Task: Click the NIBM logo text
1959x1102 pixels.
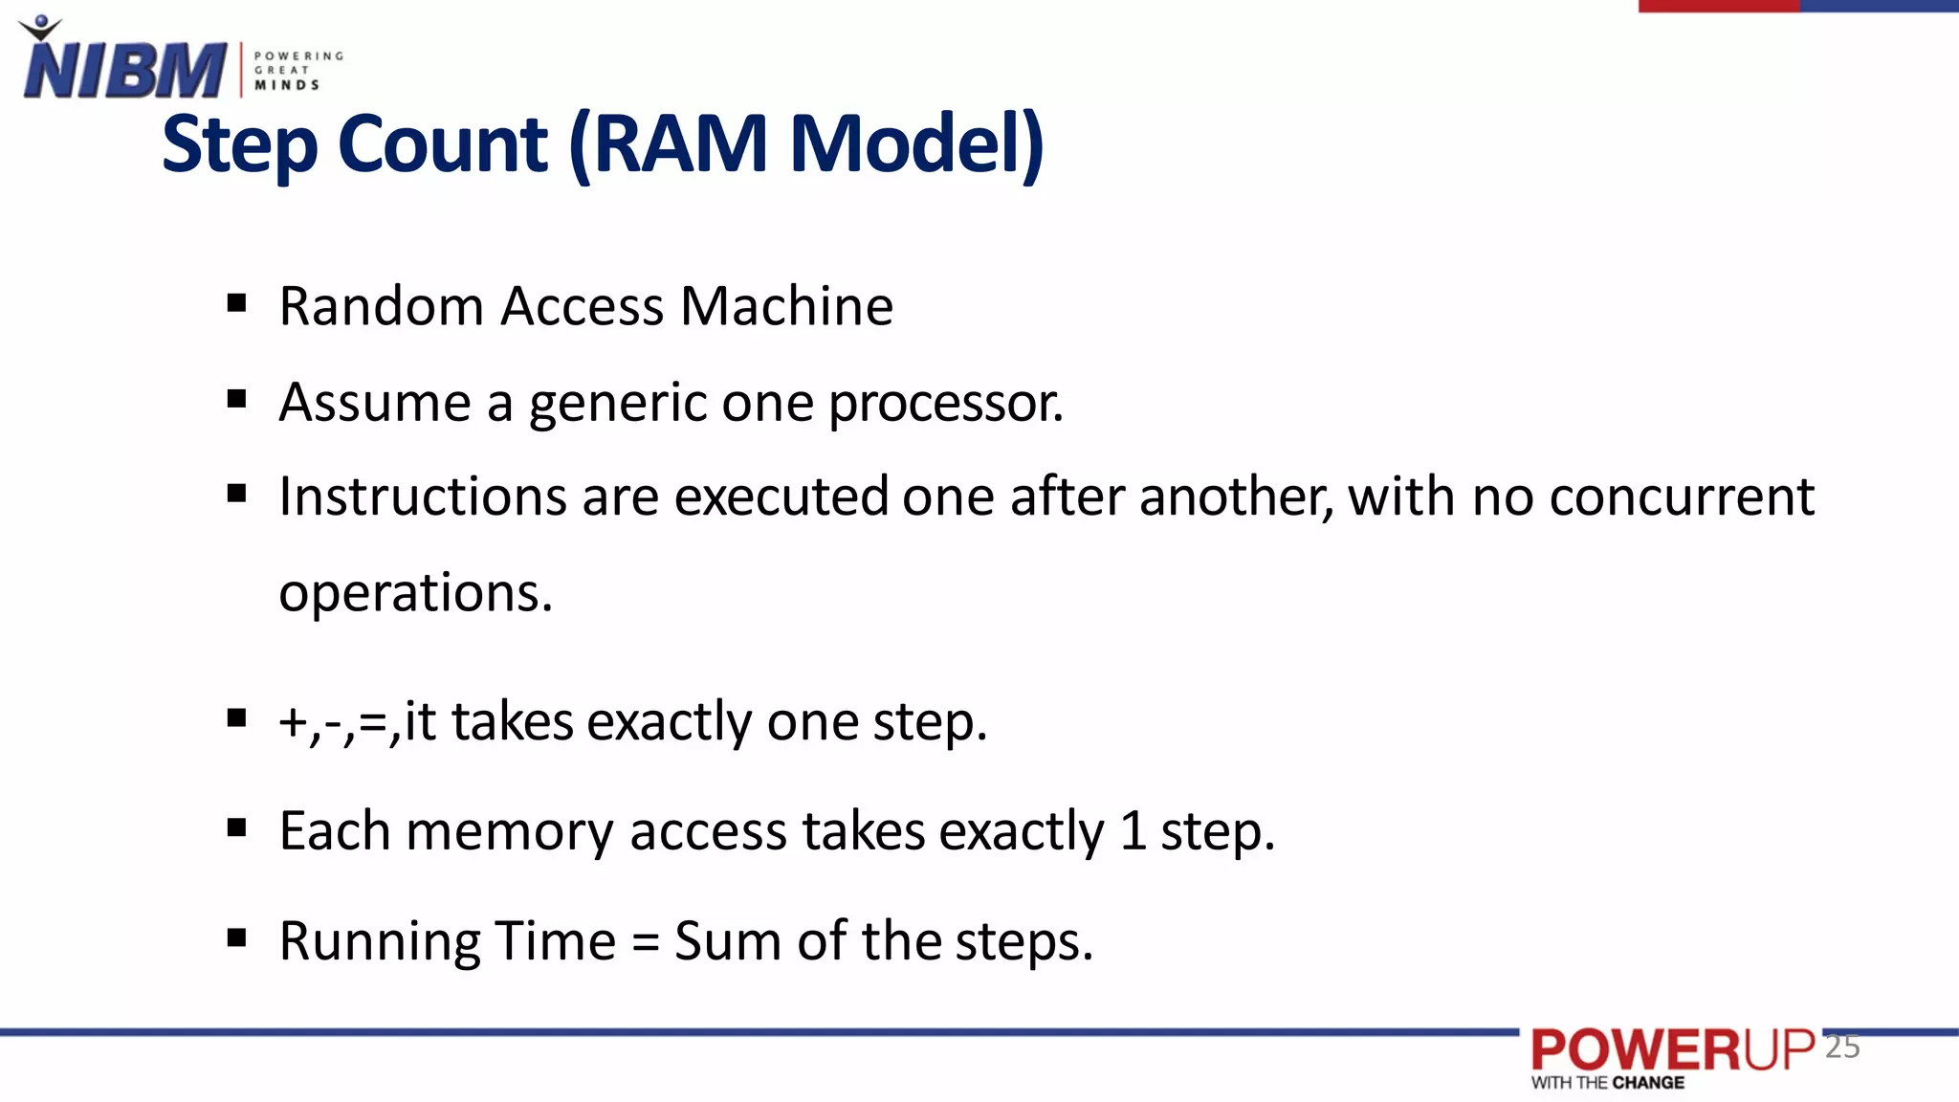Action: click(124, 70)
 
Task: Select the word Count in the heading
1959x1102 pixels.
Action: click(443, 144)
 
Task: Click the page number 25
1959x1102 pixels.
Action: click(1842, 1047)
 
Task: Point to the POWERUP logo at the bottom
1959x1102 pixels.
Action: click(1672, 1051)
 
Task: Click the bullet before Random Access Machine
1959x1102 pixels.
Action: click(237, 305)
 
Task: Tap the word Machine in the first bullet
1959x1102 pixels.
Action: click(786, 307)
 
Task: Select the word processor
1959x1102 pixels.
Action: click(945, 403)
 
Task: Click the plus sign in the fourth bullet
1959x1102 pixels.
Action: click(291, 723)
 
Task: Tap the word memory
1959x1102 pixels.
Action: click(509, 832)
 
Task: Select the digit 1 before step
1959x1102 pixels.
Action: click(1133, 830)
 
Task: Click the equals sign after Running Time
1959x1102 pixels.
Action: click(646, 943)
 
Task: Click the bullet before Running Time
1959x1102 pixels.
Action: click(237, 938)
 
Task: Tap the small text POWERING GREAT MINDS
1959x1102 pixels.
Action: click(297, 71)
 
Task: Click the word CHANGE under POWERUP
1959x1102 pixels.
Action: click(1648, 1083)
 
